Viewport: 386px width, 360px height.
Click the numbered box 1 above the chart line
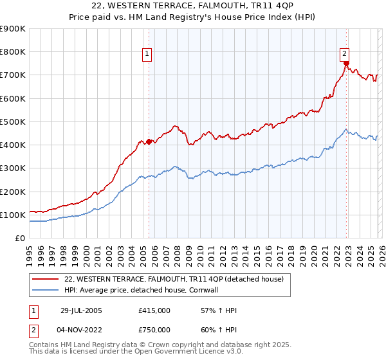(148, 54)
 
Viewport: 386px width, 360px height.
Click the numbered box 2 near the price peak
(345, 54)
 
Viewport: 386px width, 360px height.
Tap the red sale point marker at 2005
(149, 141)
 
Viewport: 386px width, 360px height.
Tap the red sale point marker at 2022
(346, 64)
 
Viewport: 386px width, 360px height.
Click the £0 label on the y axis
(20, 239)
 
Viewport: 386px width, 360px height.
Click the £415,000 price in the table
(154, 310)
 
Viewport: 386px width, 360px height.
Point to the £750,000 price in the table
(154, 330)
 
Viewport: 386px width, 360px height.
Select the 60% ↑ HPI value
(219, 330)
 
